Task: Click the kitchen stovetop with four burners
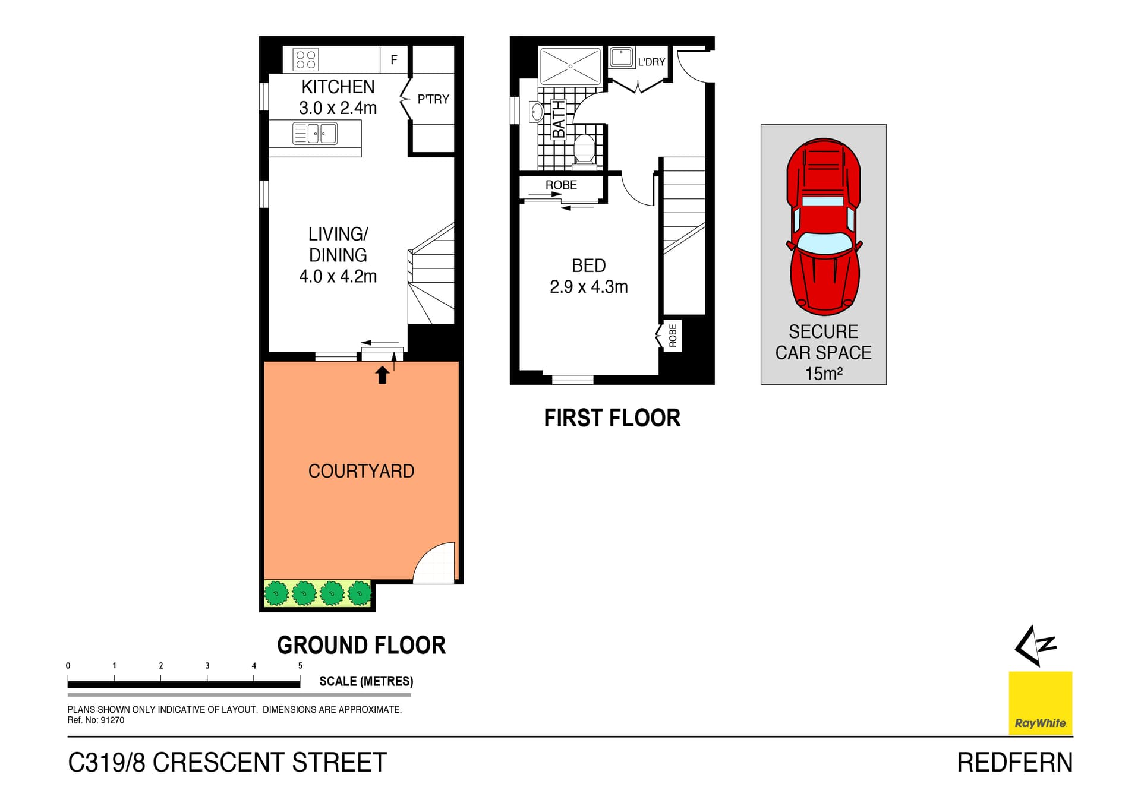click(305, 59)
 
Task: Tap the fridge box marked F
click(393, 59)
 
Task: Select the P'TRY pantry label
click(433, 99)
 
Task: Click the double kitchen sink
click(315, 133)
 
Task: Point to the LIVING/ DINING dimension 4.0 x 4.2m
click(338, 276)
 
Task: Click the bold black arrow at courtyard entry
click(382, 375)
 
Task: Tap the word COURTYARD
click(361, 471)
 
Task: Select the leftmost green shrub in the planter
click(276, 593)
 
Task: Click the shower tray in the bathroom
click(569, 66)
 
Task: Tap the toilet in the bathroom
click(585, 149)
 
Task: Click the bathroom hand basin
click(536, 112)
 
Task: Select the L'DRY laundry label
click(651, 62)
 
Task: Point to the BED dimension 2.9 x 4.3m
click(588, 287)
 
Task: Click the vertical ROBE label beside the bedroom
click(673, 336)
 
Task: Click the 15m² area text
click(823, 374)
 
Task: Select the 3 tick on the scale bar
click(207, 666)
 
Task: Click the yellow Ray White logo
click(1040, 703)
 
